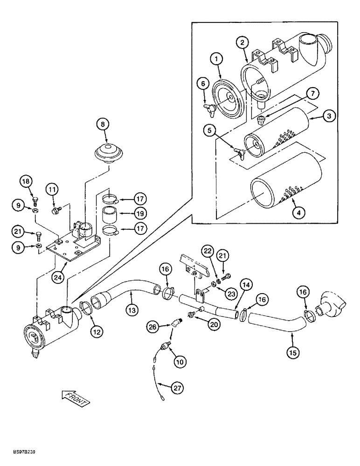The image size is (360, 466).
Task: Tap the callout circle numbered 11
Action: (x=52, y=190)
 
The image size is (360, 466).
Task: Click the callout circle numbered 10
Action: (x=179, y=361)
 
